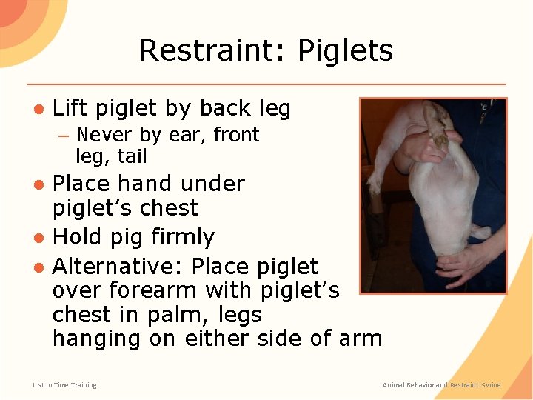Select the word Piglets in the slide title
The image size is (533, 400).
pos(345,51)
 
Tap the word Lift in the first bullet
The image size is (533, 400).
pos(70,109)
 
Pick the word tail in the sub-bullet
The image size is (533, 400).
pos(133,156)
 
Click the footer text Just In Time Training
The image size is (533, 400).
pos(64,384)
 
